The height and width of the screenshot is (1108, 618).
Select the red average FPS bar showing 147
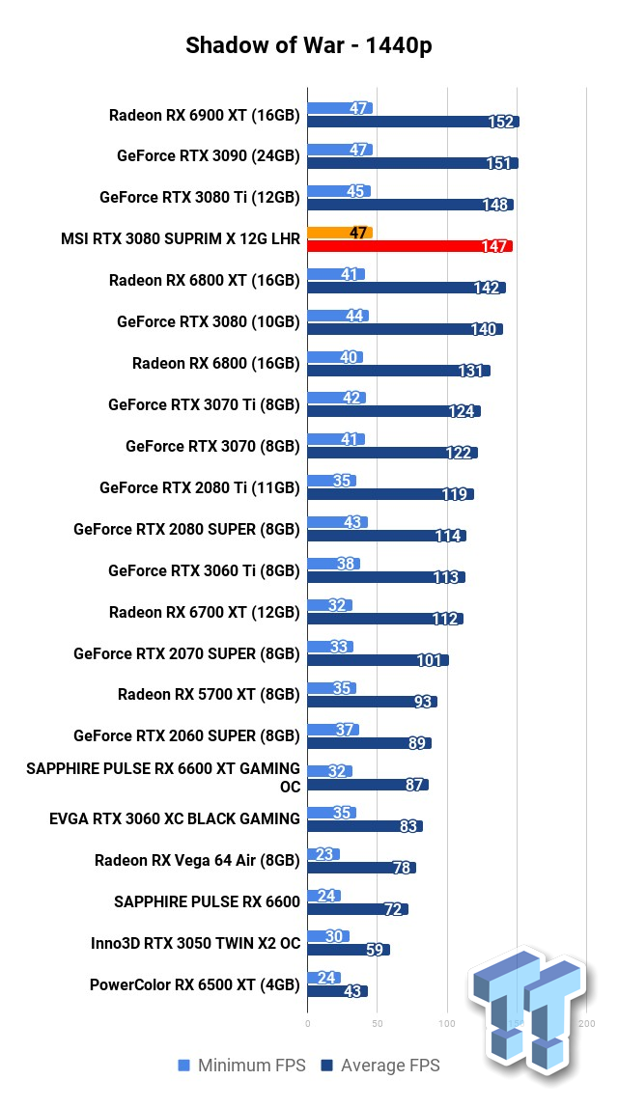click(x=409, y=246)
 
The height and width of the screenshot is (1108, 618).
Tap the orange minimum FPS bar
click(x=340, y=233)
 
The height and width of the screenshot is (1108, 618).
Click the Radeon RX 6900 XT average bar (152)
click(x=413, y=122)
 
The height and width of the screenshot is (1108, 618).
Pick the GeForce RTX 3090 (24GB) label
click(x=208, y=155)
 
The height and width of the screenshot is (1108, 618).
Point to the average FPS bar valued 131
click(x=399, y=371)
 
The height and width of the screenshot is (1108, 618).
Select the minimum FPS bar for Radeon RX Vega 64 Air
click(x=323, y=854)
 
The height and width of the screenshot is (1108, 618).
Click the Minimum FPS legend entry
click(x=241, y=1066)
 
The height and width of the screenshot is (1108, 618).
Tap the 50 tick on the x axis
click(x=378, y=1022)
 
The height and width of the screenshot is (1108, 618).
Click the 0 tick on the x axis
click(x=308, y=1022)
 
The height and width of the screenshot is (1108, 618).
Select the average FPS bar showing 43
click(x=337, y=991)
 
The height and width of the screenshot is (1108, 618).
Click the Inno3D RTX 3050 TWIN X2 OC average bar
click(x=349, y=950)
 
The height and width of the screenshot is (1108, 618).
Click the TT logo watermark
click(x=525, y=1009)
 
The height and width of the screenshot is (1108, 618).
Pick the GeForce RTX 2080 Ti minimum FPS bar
click(x=331, y=481)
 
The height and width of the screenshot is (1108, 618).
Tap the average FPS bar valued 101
click(x=378, y=660)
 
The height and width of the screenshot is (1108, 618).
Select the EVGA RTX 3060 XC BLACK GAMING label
click(x=175, y=818)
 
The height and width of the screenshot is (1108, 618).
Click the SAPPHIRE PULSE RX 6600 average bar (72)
click(x=357, y=909)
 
